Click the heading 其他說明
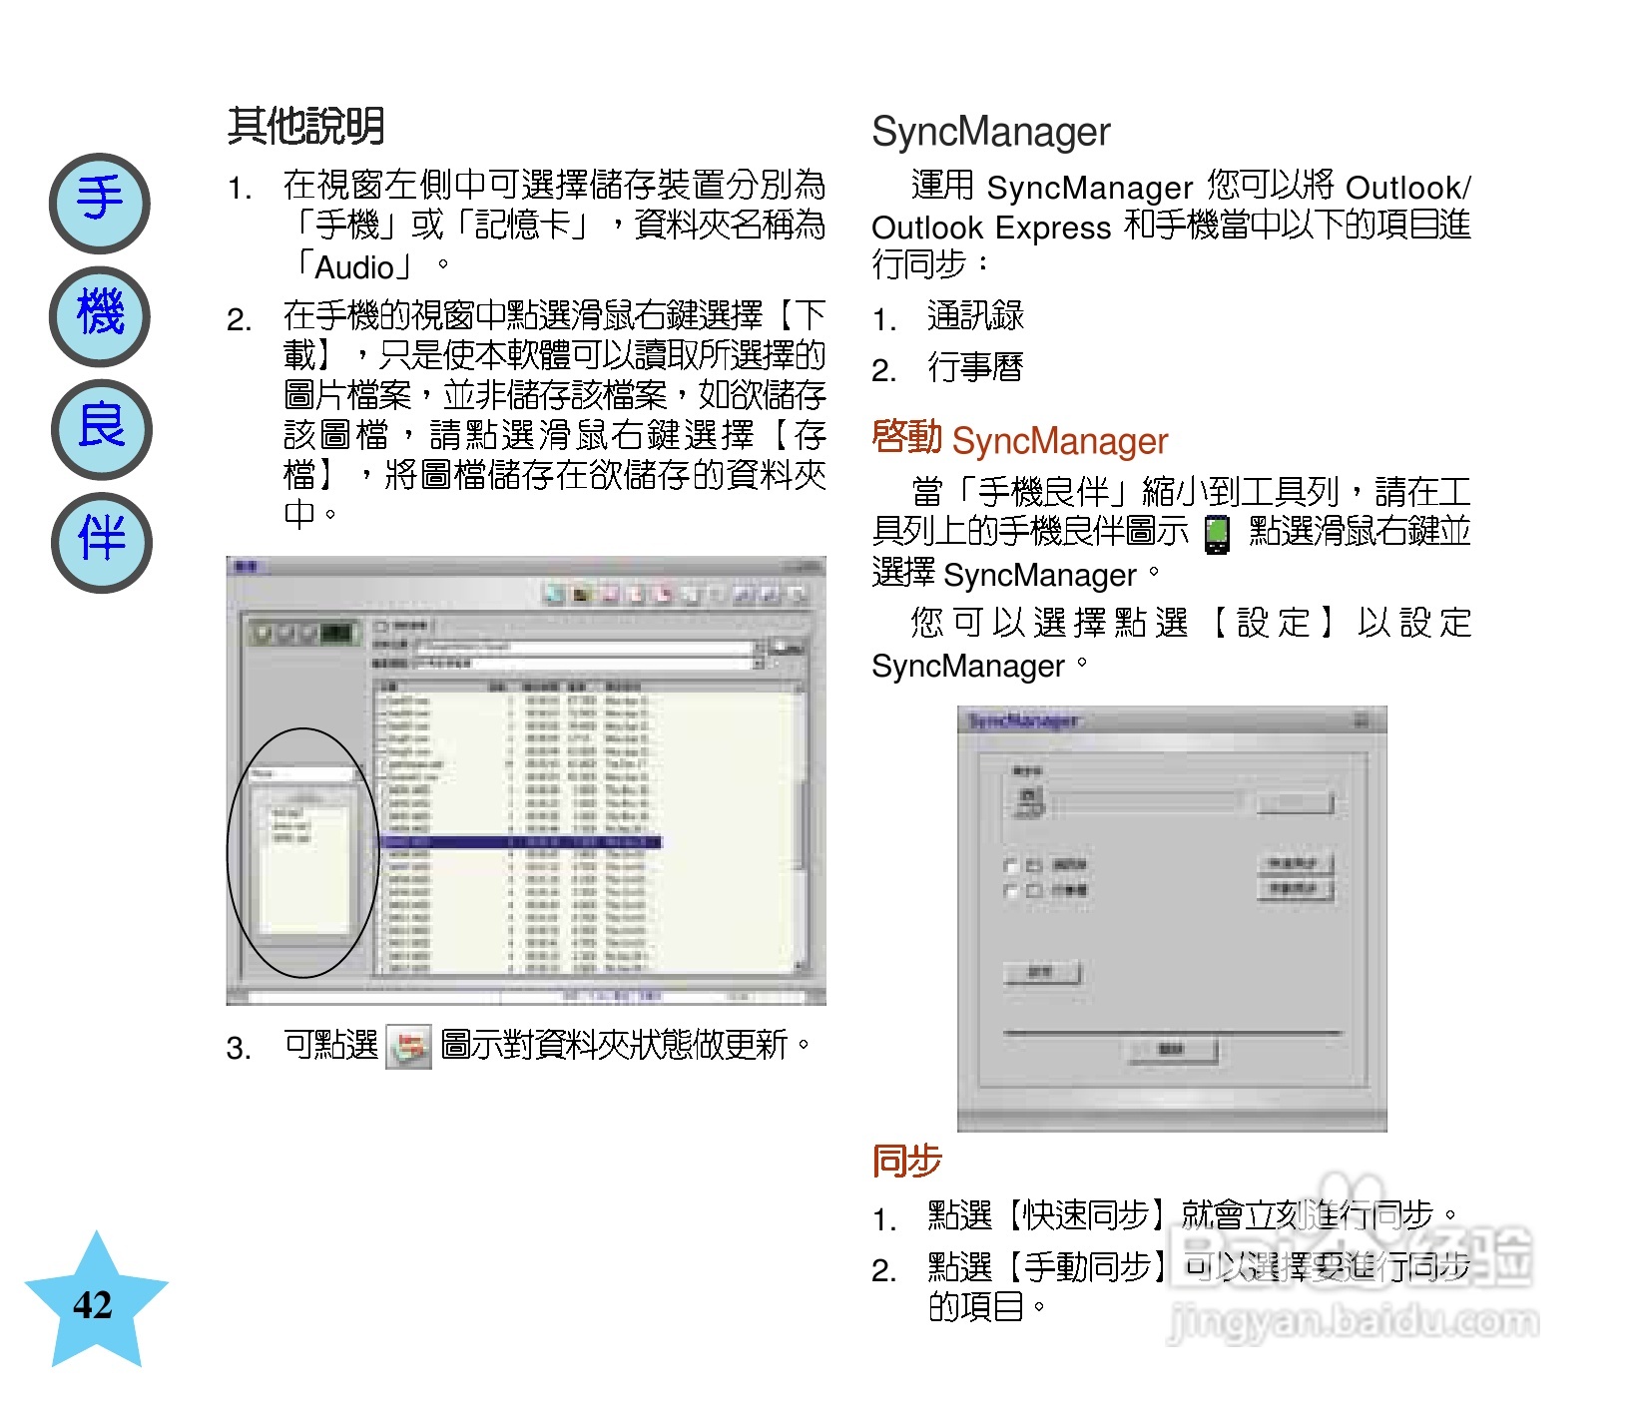point(305,127)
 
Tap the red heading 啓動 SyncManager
point(1019,440)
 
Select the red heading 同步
point(906,1161)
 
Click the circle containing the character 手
point(100,203)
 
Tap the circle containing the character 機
point(100,316)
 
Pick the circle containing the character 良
point(101,429)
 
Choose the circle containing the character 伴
point(101,542)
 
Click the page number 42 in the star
point(93,1305)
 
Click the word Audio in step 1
point(354,267)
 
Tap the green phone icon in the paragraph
point(1216,534)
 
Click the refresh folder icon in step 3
point(408,1047)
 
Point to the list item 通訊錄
point(975,316)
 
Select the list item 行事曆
point(975,368)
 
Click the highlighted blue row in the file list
point(519,842)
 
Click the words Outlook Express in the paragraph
point(990,228)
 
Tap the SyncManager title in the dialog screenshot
point(1023,720)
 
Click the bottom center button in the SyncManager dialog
point(1172,1049)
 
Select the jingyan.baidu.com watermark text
point(1353,1322)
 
